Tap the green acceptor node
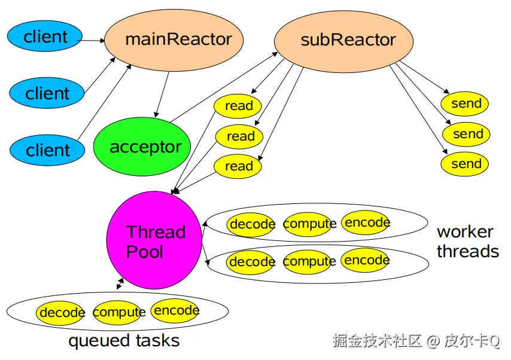point(142,147)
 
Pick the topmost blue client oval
point(45,36)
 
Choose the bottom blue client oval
point(48,150)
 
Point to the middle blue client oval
point(47,93)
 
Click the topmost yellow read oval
point(238,106)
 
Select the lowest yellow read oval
point(238,166)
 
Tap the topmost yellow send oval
point(466,103)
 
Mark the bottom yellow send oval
point(466,164)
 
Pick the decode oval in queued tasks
point(61,313)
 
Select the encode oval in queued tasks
point(175,310)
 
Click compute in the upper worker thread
point(309,224)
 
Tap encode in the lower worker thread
point(366,260)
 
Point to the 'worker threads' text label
point(467,241)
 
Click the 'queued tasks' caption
point(124,341)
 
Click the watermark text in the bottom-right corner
point(416,341)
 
